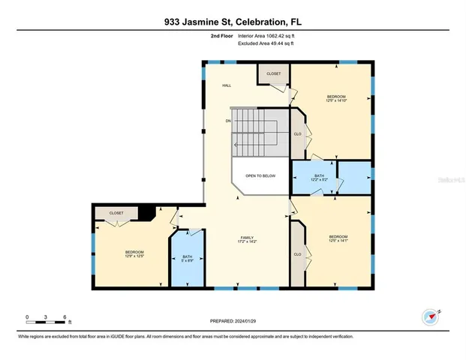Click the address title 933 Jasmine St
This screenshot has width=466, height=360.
tap(233, 22)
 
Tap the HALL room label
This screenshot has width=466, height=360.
tap(226, 85)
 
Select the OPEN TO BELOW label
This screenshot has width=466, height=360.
tap(260, 175)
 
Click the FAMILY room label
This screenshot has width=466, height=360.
tap(247, 237)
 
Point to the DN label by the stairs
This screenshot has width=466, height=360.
tap(227, 120)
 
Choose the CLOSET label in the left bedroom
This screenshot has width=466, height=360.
tap(116, 213)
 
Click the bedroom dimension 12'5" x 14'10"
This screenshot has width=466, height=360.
tap(335, 101)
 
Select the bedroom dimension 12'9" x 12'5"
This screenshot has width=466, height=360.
tap(134, 256)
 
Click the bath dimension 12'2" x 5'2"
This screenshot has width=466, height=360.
tap(319, 180)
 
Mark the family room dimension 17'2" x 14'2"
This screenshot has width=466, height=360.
tap(247, 241)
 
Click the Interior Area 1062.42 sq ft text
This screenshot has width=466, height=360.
tap(270, 35)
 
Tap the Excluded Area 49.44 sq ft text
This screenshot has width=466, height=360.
tap(267, 44)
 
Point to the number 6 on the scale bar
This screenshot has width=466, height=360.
tap(65, 316)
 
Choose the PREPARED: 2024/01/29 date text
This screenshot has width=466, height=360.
tap(233, 322)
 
